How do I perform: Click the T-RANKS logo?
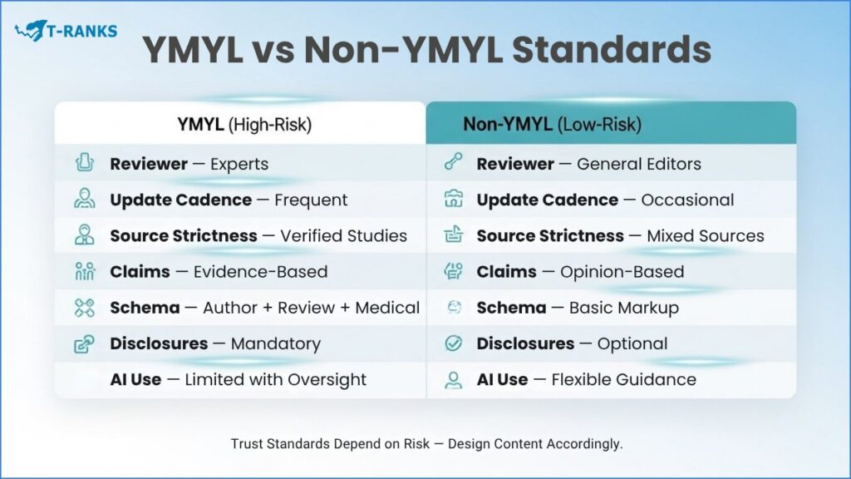click(66, 32)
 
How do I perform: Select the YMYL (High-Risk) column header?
click(243, 125)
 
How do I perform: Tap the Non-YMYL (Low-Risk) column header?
click(552, 125)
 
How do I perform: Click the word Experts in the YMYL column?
click(239, 164)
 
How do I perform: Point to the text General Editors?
click(638, 164)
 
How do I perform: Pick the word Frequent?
click(311, 200)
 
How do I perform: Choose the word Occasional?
click(687, 200)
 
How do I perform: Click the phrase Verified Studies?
click(343, 235)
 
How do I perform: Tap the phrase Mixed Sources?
click(705, 235)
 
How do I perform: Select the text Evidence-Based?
click(260, 272)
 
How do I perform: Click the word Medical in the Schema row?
click(387, 308)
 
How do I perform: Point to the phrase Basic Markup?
click(623, 308)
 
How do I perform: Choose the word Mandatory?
click(275, 343)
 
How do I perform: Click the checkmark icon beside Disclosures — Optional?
click(453, 343)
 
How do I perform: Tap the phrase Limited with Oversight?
click(275, 379)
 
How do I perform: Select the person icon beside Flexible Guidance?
click(453, 380)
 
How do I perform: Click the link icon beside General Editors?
click(453, 164)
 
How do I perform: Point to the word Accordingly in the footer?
click(584, 444)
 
